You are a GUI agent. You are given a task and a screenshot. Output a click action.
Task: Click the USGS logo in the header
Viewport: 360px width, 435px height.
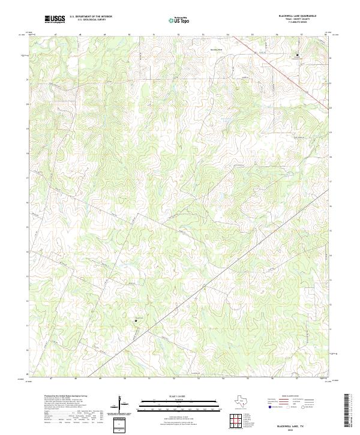[55, 20]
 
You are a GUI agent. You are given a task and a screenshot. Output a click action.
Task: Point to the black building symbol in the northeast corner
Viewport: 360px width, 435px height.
[295, 55]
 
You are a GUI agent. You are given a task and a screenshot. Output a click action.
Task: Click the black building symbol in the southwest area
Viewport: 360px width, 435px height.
[136, 320]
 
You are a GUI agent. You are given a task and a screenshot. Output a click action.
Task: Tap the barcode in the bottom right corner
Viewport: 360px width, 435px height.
[346, 410]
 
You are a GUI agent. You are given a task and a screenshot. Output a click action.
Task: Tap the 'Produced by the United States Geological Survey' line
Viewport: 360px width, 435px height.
[66, 396]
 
